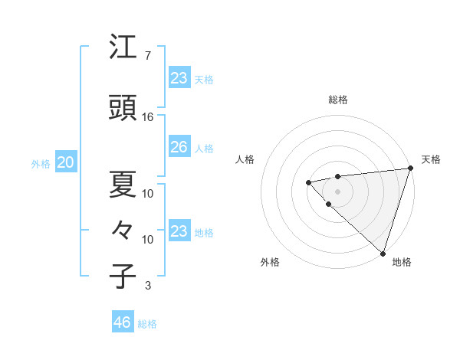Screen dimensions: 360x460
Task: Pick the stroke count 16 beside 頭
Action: coord(148,117)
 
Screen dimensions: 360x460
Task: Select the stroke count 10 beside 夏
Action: coord(148,193)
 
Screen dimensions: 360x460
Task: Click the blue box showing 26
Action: coord(179,147)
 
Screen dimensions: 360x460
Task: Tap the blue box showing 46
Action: coord(123,322)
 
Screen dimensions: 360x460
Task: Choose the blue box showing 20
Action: coord(65,162)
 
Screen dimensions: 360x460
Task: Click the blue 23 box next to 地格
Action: coord(179,231)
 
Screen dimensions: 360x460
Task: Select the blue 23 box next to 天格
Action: coord(179,78)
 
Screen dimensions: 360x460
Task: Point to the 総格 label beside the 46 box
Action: coord(147,324)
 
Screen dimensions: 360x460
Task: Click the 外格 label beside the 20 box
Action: coord(41,163)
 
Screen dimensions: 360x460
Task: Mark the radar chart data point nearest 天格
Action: coord(410,169)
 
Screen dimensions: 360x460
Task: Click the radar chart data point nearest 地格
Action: coord(383,252)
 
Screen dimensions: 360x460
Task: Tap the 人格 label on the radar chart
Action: coord(245,159)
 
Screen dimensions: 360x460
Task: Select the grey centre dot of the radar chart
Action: coord(337,190)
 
